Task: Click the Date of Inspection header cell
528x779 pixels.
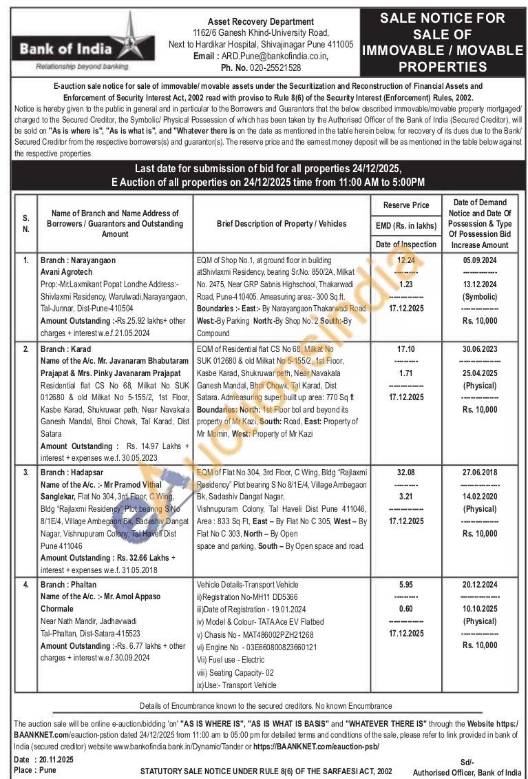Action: (x=406, y=244)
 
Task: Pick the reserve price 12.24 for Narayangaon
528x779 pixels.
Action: (x=406, y=260)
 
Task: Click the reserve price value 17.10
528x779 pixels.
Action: (x=406, y=350)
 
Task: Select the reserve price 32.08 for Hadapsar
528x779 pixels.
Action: (x=406, y=472)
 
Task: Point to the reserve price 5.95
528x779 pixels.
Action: (x=406, y=584)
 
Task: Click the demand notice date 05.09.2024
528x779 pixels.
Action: (x=480, y=260)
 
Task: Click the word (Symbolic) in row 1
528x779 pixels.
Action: (x=480, y=297)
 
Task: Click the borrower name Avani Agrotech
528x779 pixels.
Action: (x=66, y=272)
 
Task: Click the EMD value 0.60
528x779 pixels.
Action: (x=406, y=608)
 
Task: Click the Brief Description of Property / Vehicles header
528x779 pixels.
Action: (x=282, y=224)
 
